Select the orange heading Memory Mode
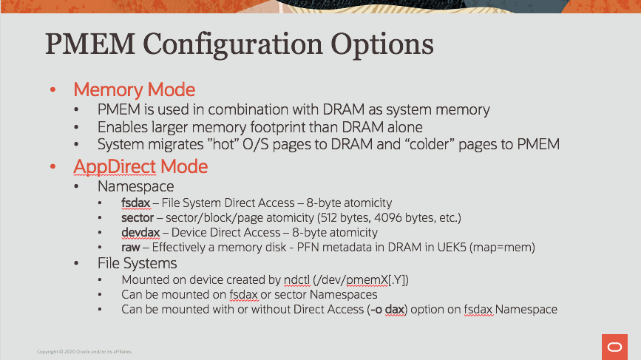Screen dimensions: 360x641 tap(134, 90)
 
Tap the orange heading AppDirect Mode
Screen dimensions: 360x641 tap(140, 166)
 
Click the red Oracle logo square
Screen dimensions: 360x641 tap(614, 347)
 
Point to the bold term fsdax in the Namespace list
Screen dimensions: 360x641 tap(135, 203)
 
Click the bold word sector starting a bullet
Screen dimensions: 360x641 tap(137, 218)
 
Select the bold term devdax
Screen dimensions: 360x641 tap(139, 233)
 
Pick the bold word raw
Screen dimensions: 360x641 tap(130, 248)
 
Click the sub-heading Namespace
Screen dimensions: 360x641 tap(135, 187)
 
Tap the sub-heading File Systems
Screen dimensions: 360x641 tap(137, 263)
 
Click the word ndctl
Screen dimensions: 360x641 tap(297, 280)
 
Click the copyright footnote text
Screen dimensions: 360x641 tap(84, 352)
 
